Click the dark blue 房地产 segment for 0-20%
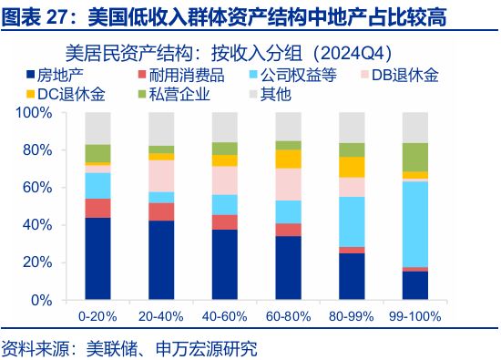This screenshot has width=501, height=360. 97,259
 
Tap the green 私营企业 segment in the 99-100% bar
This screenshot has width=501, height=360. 415,157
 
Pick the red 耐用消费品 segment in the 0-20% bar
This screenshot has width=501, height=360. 97,208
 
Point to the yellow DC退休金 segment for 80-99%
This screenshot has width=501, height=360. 352,167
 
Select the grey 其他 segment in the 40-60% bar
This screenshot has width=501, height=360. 225,127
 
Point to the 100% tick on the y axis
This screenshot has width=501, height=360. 36,113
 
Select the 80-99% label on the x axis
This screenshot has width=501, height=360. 352,316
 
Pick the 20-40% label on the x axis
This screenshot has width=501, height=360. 161,316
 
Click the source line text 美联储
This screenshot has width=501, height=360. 109,348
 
